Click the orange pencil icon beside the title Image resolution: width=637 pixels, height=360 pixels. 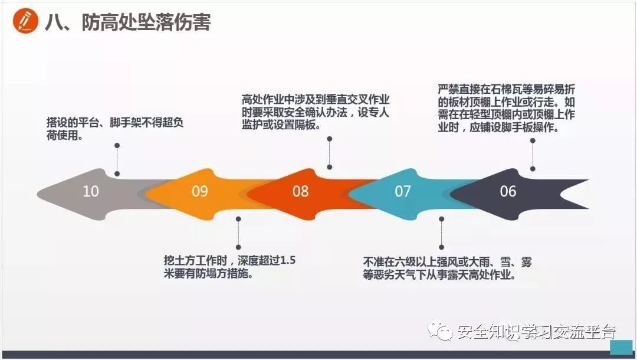(x=24, y=22)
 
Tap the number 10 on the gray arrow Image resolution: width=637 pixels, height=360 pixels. (x=91, y=191)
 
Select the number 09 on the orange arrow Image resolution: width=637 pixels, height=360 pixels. (x=200, y=191)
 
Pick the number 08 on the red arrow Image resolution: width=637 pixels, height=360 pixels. (x=300, y=191)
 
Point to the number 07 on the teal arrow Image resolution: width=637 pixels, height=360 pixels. (x=403, y=191)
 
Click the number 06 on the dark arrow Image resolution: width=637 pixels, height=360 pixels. (x=508, y=191)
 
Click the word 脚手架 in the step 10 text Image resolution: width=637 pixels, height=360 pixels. (x=126, y=123)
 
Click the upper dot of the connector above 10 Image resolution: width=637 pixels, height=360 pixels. (x=117, y=145)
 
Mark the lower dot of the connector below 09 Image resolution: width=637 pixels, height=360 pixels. (x=238, y=247)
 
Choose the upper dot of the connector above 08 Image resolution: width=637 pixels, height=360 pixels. (x=329, y=139)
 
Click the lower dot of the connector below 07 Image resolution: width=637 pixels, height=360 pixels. (x=441, y=248)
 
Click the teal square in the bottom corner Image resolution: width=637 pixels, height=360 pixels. (x=620, y=348)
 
